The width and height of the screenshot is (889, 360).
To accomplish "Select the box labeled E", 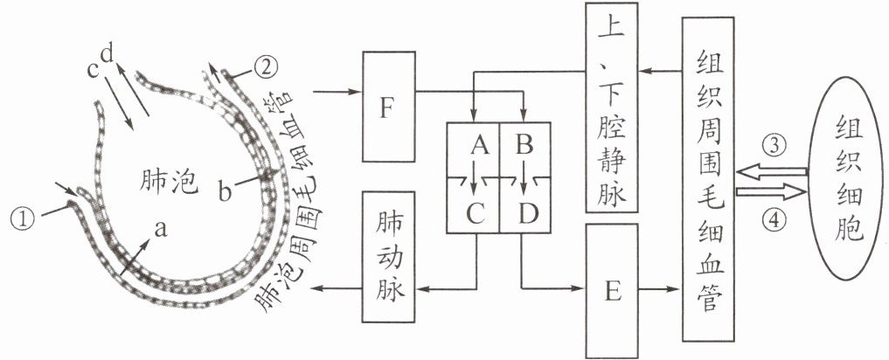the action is (612, 291).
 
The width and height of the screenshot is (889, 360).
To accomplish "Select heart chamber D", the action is (524, 211).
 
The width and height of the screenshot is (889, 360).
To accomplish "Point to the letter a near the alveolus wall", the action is (159, 228).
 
